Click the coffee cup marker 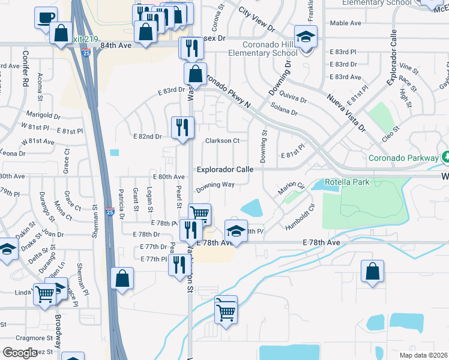pos(46,17)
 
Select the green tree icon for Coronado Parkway pos(445,157)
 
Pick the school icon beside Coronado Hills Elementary pos(306,37)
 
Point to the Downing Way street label pos(215,185)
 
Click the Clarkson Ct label pos(222,141)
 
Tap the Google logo pos(20,353)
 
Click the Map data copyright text pos(423,355)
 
